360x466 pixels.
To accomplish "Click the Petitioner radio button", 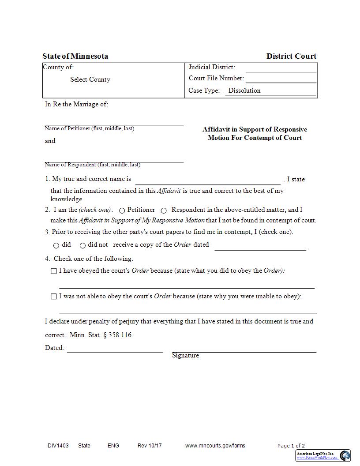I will click(122, 210).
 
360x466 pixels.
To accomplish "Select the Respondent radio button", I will click(164, 210).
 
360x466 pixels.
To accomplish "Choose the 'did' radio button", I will click(56, 245).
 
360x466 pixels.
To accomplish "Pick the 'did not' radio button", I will click(82, 245).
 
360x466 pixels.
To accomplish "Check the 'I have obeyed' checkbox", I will click(54, 271).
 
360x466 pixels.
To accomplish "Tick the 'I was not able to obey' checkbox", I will click(54, 297).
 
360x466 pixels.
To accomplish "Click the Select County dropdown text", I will click(90, 79).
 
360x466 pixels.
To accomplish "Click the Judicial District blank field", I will click(281, 68).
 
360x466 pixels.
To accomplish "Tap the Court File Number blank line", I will click(281, 79).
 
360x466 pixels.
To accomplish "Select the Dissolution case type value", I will click(244, 90).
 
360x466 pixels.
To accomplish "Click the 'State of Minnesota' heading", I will click(75, 56).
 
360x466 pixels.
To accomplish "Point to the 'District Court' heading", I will click(291, 56).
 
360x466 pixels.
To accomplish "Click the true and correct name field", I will click(207, 180).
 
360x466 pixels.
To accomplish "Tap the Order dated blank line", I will click(260, 245).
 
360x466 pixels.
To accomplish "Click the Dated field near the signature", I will click(115, 348).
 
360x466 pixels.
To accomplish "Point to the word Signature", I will click(185, 355).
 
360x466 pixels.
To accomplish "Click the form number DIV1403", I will click(58, 446).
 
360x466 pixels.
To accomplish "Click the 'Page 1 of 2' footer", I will click(291, 446).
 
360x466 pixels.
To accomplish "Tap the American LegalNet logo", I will click(323, 455).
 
